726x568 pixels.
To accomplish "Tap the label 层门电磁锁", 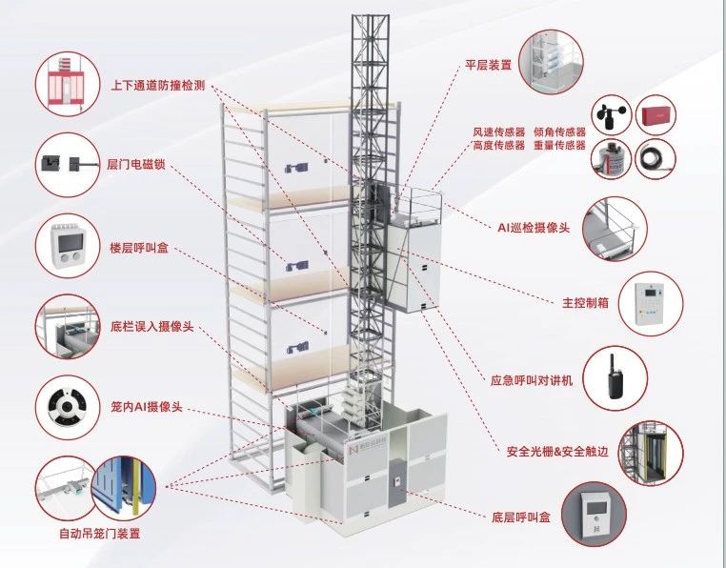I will click(135, 165).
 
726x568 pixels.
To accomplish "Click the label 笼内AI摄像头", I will click(144, 409).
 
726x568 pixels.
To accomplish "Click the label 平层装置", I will click(488, 66).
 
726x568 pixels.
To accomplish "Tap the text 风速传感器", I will click(498, 132).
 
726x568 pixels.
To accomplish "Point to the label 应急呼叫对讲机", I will click(533, 379).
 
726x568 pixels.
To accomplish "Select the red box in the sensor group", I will click(655, 116).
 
